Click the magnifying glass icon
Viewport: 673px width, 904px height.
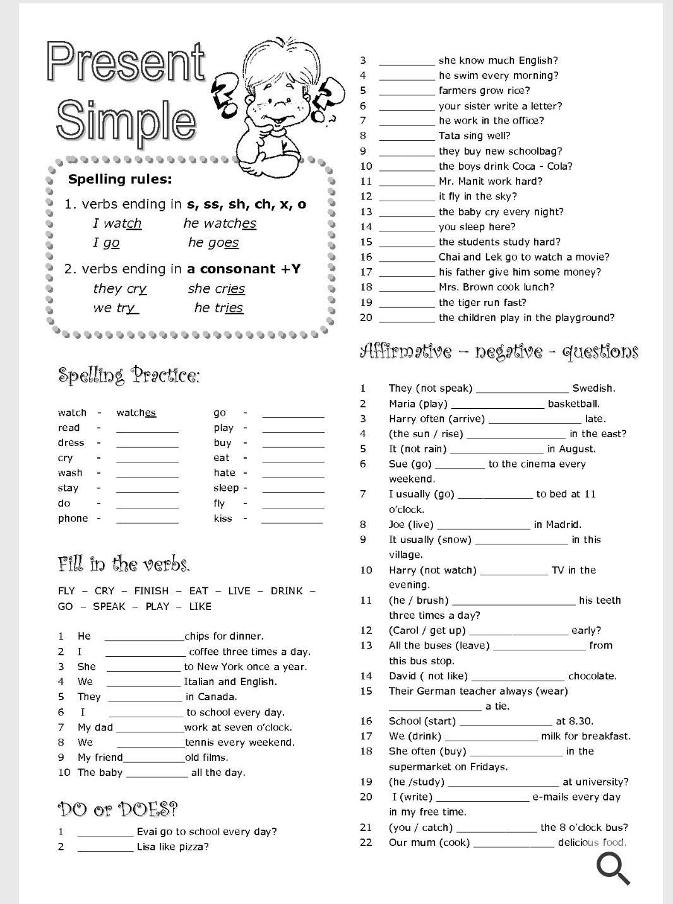(613, 867)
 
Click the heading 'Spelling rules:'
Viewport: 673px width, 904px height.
(119, 179)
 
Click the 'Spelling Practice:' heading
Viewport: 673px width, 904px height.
(129, 376)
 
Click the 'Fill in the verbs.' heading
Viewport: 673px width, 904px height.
(124, 563)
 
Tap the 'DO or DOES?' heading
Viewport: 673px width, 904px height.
(117, 809)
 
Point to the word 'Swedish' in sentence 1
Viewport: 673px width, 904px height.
(593, 389)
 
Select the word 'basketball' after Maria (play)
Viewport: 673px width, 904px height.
(573, 404)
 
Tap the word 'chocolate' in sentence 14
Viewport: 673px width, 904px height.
(592, 676)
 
